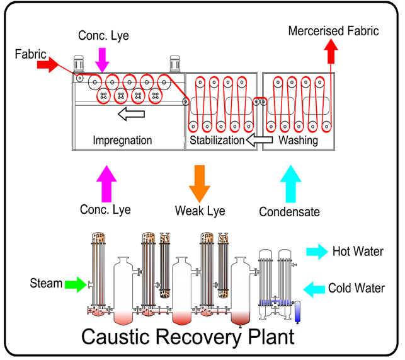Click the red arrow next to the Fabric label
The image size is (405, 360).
pos(48,65)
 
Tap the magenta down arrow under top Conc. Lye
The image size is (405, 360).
pos(102,59)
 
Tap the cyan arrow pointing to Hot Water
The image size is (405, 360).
pos(317,253)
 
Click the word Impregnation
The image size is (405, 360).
pos(122,140)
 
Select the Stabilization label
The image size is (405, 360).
pos(217,140)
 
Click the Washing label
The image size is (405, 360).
pos(299,140)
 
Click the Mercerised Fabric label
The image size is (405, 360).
pos(333,30)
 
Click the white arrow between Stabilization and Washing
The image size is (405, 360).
pos(258,140)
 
